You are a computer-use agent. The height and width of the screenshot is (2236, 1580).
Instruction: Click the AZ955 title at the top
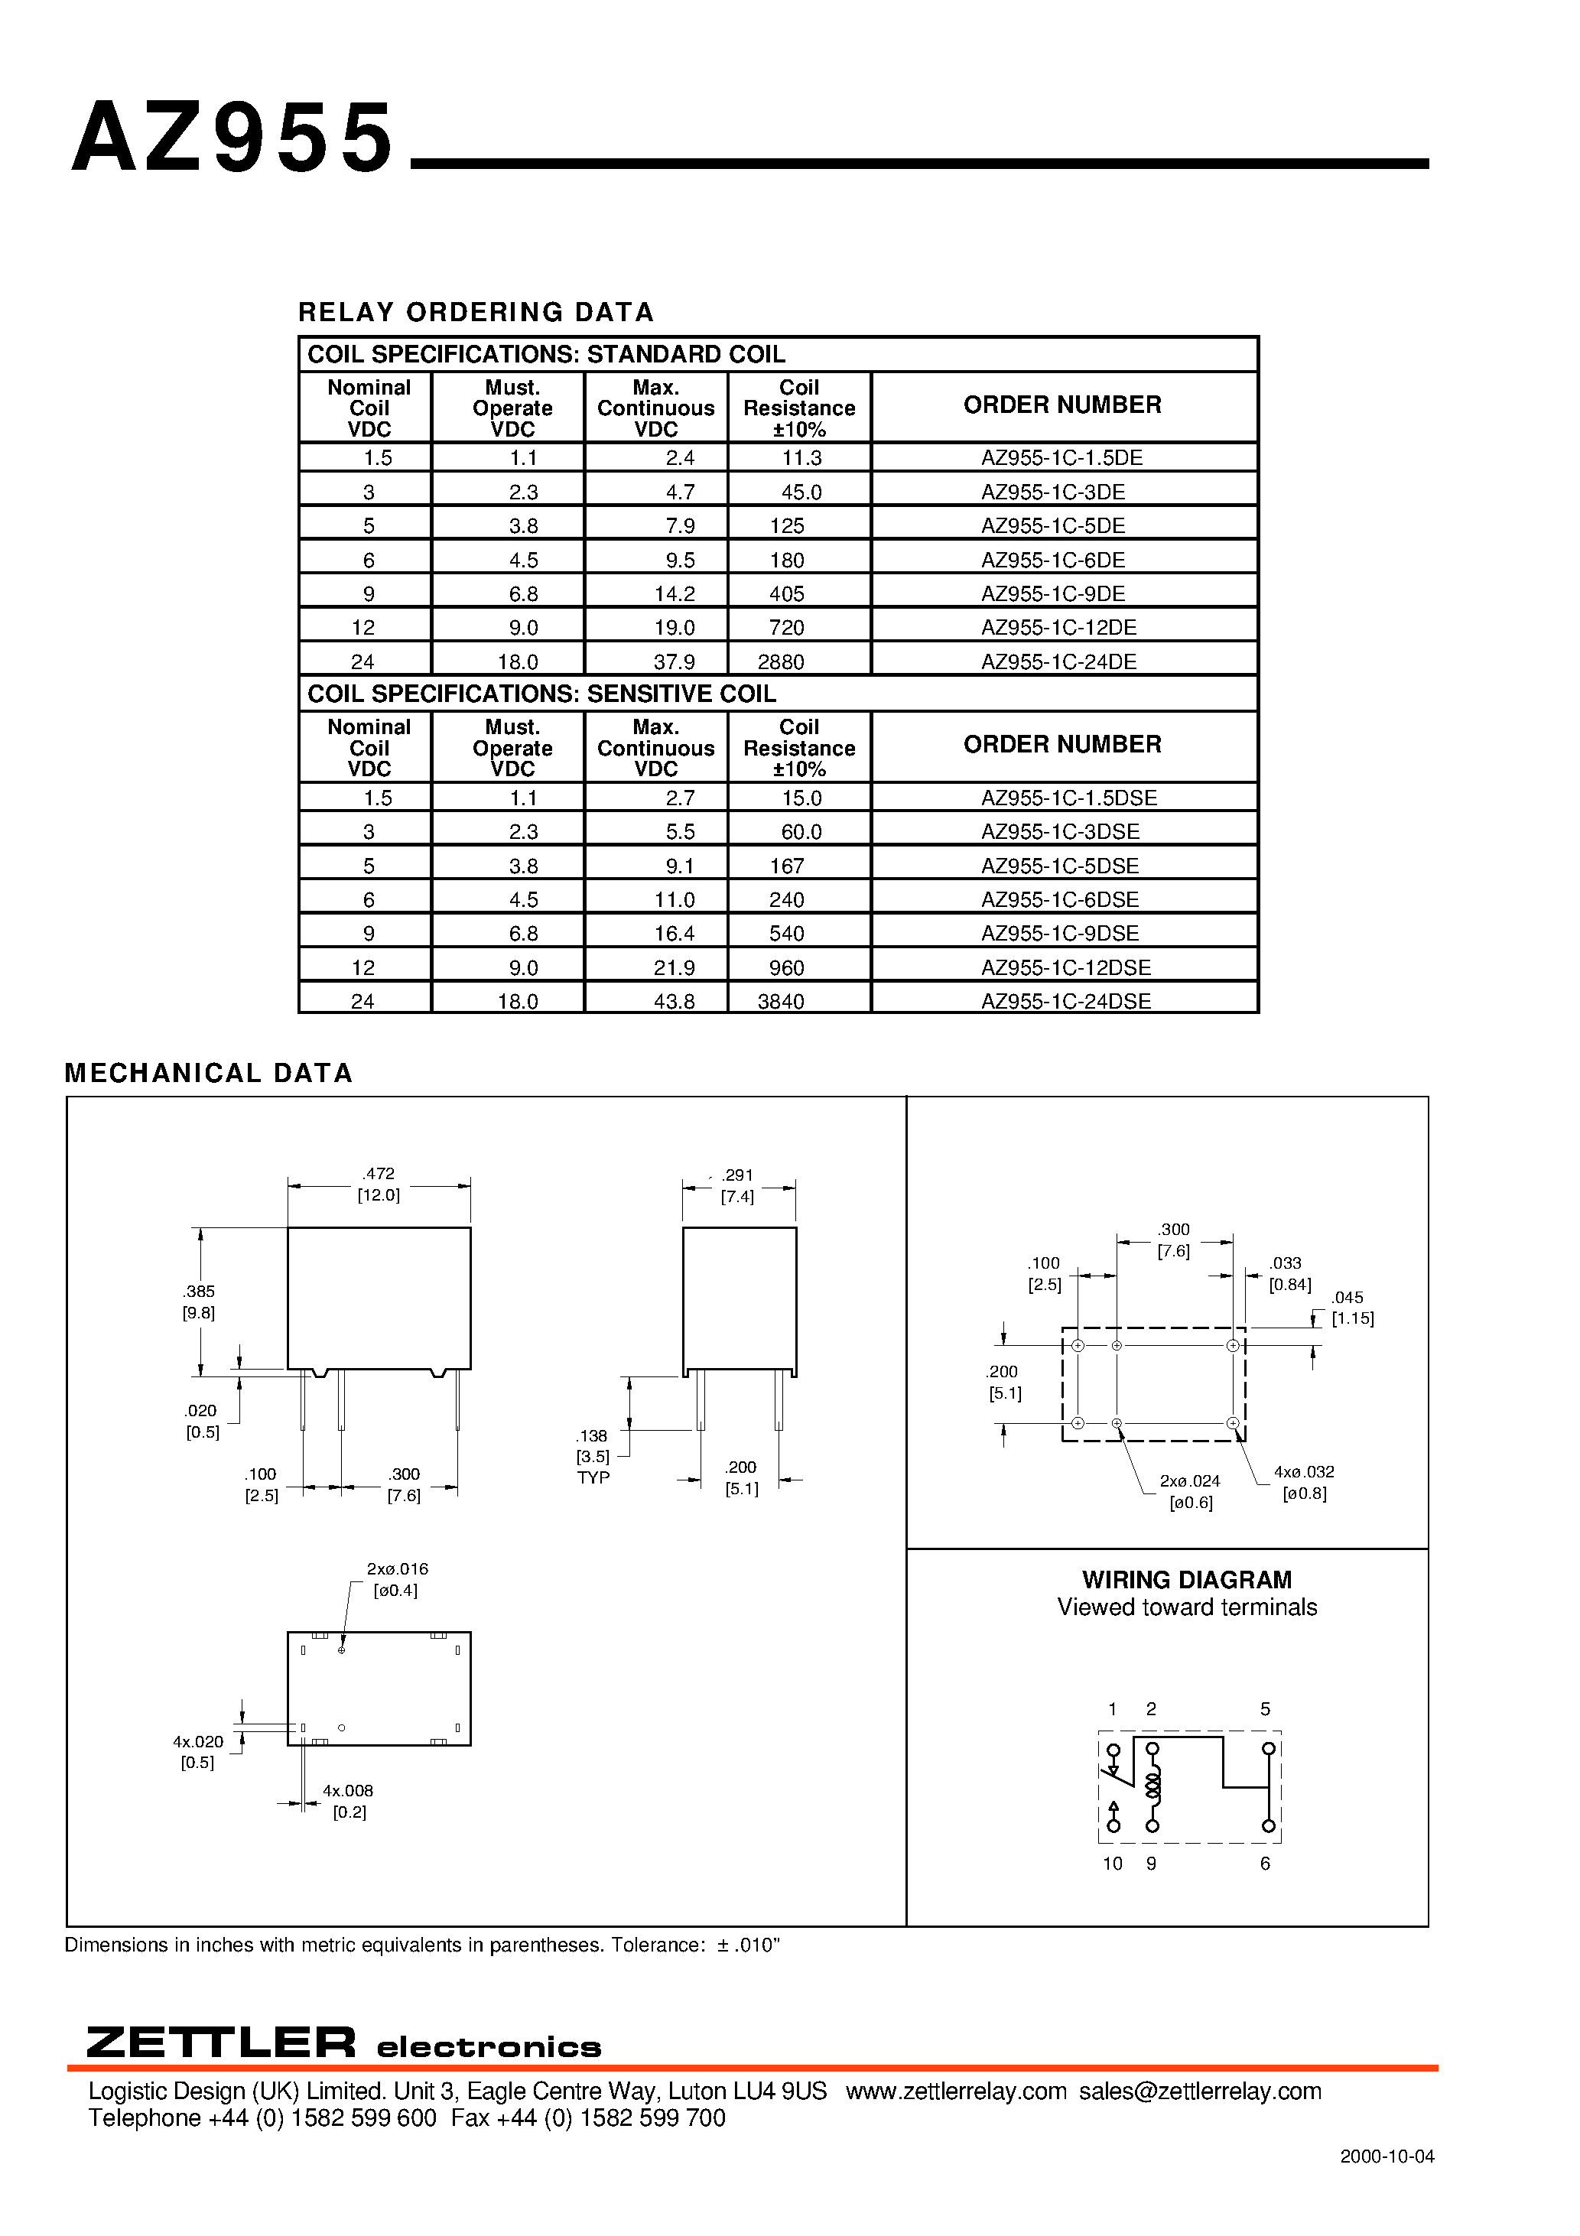tap(232, 138)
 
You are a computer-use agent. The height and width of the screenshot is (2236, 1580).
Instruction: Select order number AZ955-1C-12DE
tap(1059, 627)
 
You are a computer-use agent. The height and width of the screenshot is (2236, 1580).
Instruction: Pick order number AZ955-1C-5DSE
tap(1060, 866)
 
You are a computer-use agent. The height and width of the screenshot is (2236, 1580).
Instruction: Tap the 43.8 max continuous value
tap(674, 1001)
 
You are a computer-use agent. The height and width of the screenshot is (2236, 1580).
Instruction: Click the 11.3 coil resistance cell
tap(801, 458)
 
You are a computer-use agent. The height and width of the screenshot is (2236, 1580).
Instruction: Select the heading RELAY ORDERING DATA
tap(476, 312)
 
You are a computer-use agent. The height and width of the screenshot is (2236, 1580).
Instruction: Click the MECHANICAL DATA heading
tap(209, 1072)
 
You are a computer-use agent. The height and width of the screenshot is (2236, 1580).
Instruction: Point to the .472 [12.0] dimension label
tap(379, 1185)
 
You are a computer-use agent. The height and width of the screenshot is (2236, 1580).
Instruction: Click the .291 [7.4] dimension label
tap(737, 1185)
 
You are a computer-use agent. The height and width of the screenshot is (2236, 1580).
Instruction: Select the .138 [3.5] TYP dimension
tap(593, 1456)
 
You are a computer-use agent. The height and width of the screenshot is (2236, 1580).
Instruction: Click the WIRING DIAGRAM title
tap(1186, 1580)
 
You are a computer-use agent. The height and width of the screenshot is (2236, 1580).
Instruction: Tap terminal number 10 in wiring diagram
tap(1113, 1863)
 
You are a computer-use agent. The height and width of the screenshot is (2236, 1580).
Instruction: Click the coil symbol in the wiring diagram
tap(1152, 1786)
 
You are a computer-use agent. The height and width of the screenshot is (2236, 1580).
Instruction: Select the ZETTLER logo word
tap(221, 2043)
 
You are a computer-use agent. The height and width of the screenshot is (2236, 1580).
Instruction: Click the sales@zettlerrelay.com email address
tap(1200, 2091)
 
